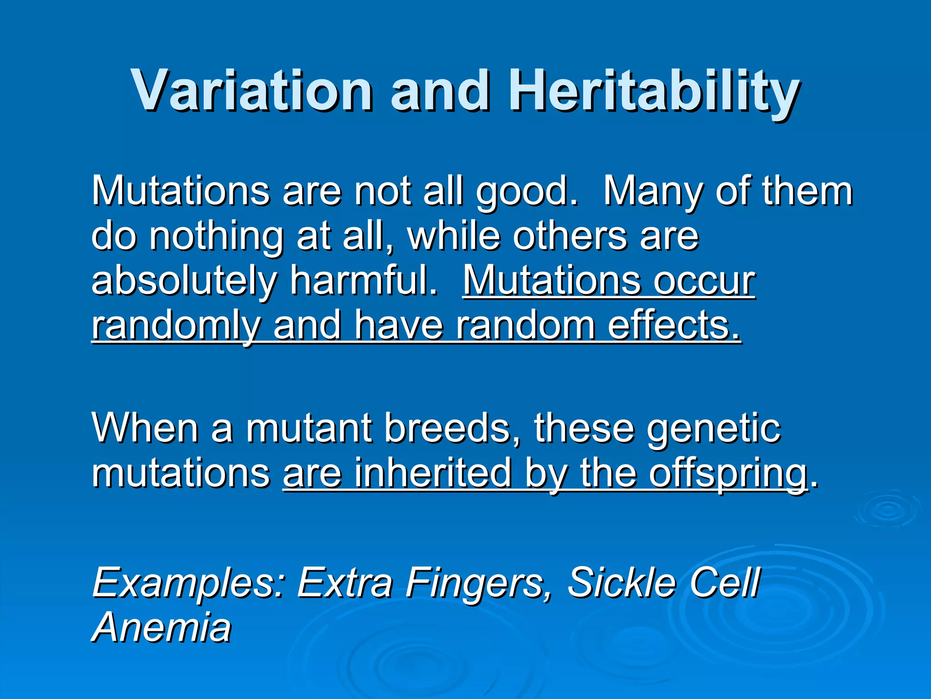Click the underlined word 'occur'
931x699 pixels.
(x=704, y=281)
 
